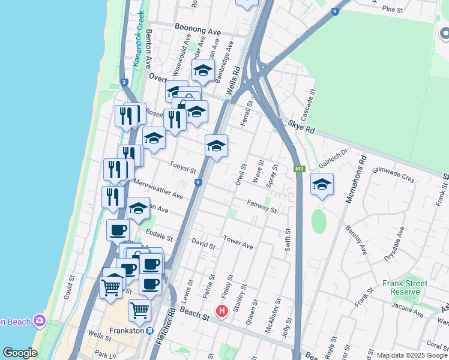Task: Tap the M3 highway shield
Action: (299, 169)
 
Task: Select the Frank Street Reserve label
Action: (405, 287)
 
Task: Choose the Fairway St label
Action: (261, 207)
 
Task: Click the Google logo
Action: (20, 352)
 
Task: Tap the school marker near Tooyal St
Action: (216, 145)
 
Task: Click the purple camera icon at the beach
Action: (40, 320)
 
